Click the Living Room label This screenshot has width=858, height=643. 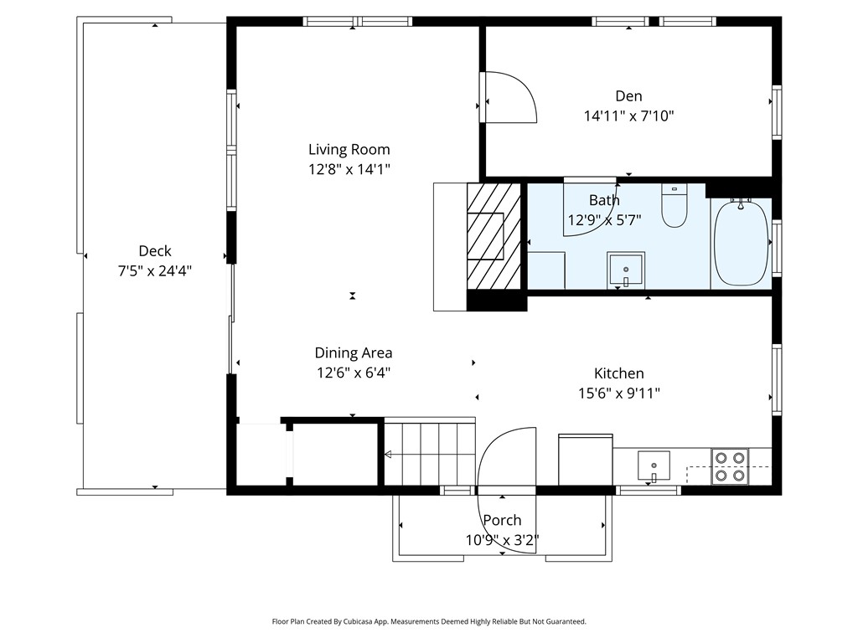349,149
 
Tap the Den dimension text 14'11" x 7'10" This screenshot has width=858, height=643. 628,116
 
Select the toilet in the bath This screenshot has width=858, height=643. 675,206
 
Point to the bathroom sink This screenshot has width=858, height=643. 626,270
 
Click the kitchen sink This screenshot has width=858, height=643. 654,466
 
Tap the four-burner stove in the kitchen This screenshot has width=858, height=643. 730,466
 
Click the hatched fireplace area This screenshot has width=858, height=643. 493,235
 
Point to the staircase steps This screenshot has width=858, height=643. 430,453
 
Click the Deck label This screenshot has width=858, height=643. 155,251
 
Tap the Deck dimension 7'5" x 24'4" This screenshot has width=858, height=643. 155,270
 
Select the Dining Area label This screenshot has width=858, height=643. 354,352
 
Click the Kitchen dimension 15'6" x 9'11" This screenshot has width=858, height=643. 619,394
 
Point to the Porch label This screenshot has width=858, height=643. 502,520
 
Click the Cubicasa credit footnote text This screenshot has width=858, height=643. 429,621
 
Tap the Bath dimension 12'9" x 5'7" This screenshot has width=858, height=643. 604,220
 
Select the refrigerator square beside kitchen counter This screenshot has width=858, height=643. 586,460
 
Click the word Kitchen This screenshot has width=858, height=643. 619,373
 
